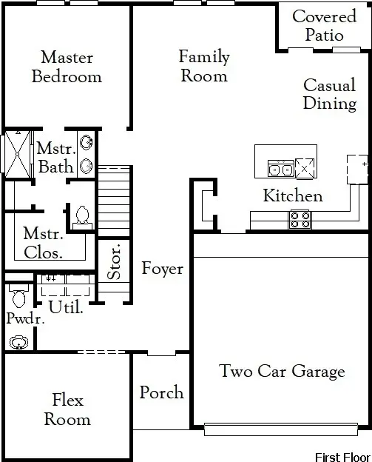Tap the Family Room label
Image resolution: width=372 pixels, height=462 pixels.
(204, 66)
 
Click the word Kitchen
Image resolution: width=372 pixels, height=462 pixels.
(293, 196)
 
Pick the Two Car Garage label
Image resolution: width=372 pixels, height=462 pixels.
(282, 371)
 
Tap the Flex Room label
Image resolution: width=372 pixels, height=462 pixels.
(67, 409)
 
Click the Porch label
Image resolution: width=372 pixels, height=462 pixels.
(161, 392)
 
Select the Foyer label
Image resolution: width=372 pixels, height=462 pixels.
(162, 268)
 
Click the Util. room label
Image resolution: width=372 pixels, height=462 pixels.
(66, 306)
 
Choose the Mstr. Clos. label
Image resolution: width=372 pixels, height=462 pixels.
(42, 243)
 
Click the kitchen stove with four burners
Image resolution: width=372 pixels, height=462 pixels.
(300, 218)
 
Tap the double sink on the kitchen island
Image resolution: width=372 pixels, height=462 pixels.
(280, 170)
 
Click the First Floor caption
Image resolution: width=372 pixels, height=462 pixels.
(342, 456)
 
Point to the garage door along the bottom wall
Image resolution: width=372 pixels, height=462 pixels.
(282, 429)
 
